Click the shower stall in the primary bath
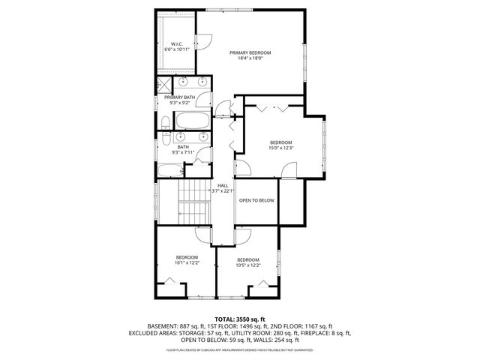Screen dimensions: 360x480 coord(164,84)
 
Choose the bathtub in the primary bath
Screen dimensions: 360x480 coord(190,120)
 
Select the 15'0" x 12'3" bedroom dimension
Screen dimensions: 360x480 coord(280,148)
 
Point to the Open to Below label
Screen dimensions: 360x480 coord(257,201)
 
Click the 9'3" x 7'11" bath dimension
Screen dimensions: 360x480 coord(183,152)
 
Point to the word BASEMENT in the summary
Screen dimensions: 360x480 coord(161,326)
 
